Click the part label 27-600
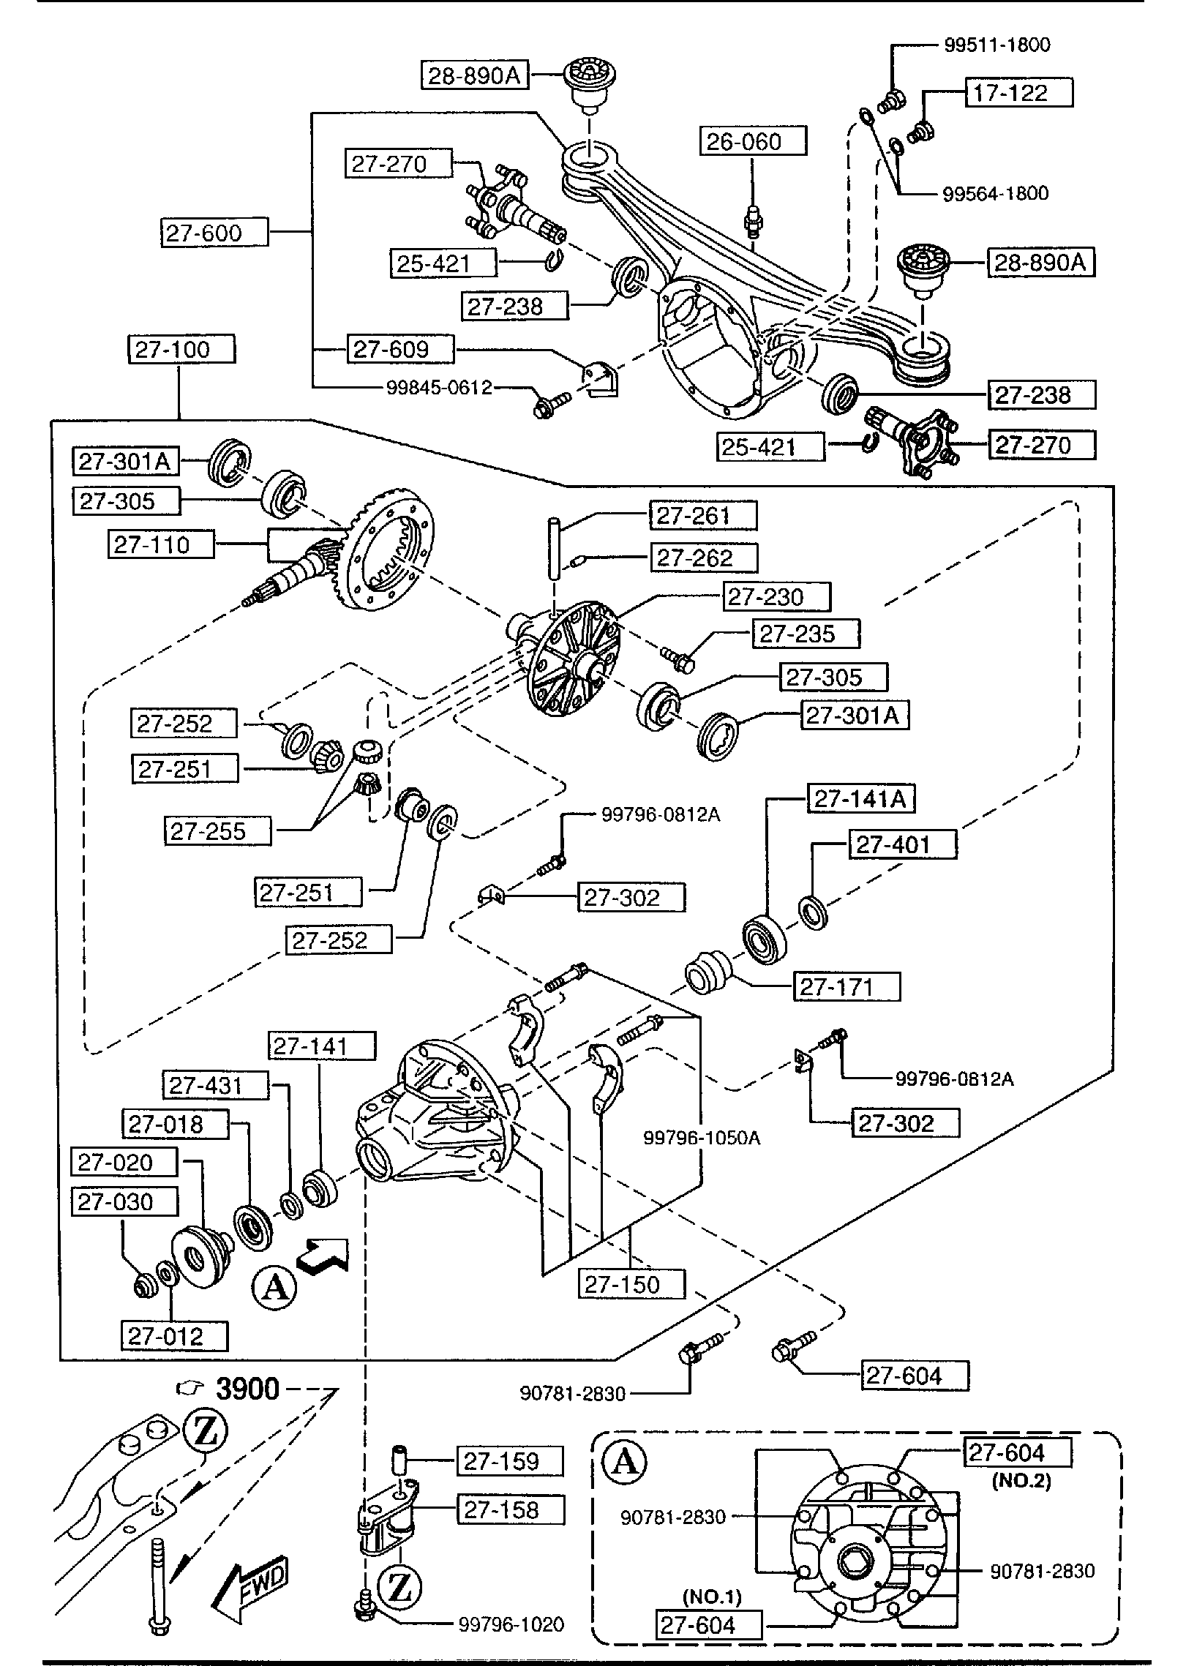click(203, 233)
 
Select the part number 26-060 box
click(743, 142)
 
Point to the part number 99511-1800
click(997, 45)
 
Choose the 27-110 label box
click(152, 545)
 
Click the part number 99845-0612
click(439, 388)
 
